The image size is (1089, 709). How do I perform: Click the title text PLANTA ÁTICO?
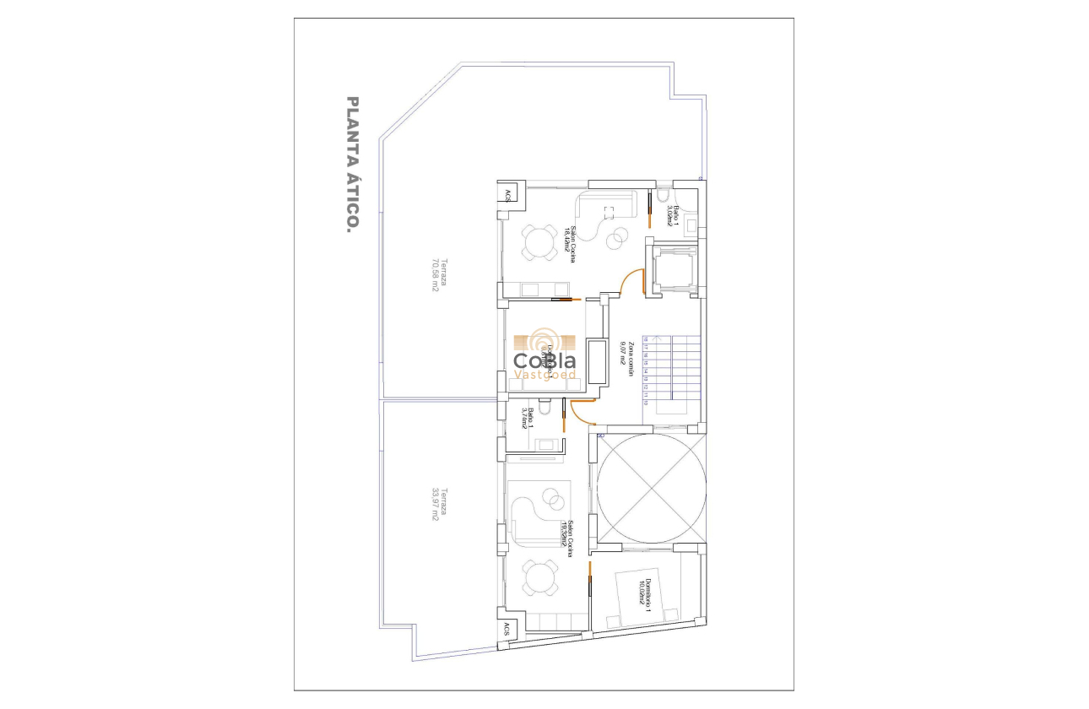coord(354,165)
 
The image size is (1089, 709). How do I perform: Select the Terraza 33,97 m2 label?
coord(436,505)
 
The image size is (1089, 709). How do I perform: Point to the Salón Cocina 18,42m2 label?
coord(573,244)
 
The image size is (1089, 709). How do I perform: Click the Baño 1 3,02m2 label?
coord(673,210)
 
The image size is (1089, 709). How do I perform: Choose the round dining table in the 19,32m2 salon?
coord(538,579)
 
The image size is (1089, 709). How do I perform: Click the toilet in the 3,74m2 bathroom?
coord(544,409)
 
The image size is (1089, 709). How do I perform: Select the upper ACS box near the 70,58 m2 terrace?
coord(507,196)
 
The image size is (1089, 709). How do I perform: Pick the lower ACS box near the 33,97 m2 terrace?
coord(507,629)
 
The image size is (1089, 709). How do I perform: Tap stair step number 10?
coord(645,403)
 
